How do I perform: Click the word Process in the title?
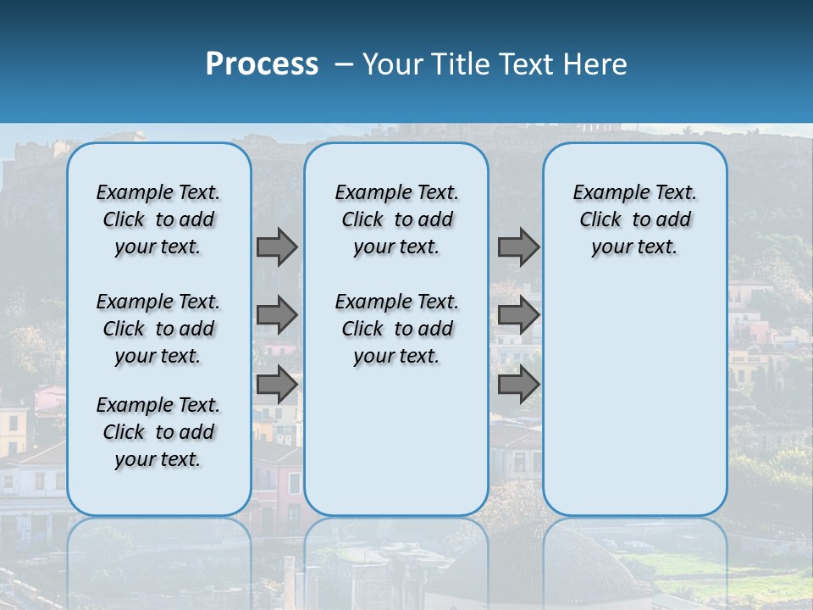[x=262, y=64]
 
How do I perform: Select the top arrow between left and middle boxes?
[x=277, y=247]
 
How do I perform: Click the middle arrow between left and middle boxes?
[x=277, y=315]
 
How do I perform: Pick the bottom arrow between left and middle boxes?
[x=277, y=384]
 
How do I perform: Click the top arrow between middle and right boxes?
[x=518, y=247]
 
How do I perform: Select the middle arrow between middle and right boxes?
[x=518, y=315]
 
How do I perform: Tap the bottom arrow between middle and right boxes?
[x=518, y=384]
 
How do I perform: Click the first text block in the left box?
[x=158, y=219]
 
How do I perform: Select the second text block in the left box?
[x=158, y=329]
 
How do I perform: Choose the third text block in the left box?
[x=158, y=432]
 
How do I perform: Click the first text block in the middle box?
[x=396, y=219]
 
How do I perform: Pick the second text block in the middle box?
[x=396, y=329]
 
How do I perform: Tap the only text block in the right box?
[x=634, y=219]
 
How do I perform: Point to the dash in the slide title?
[x=344, y=64]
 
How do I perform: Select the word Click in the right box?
[x=600, y=220]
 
